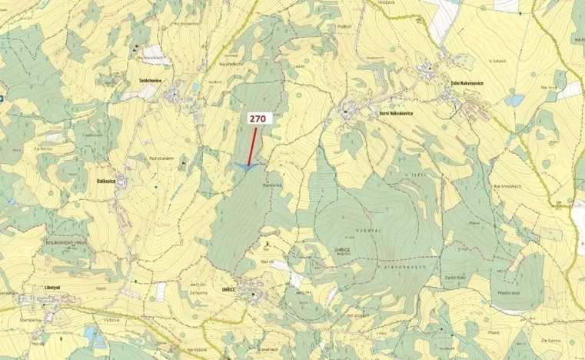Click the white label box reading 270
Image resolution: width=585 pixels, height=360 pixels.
[258, 119]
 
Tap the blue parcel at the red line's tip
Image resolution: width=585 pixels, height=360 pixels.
[248, 166]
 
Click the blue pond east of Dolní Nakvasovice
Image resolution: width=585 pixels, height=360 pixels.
[514, 100]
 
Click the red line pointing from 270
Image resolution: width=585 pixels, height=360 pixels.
[252, 146]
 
